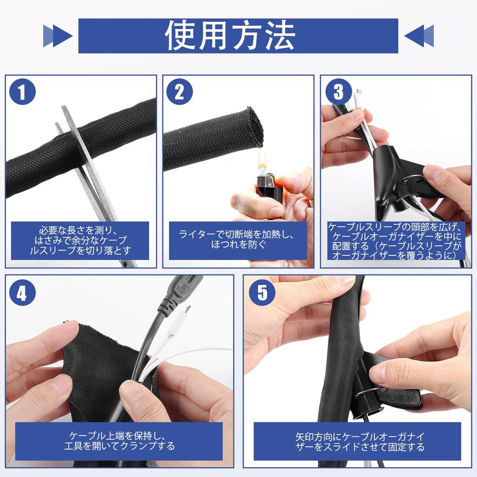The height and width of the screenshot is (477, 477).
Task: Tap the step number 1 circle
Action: (22, 91)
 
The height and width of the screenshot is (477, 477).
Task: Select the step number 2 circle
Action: (179, 91)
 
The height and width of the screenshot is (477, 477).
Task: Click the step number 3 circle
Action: (338, 91)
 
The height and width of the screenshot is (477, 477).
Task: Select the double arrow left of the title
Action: (58, 36)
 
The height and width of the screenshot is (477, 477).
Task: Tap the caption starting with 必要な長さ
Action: (80, 240)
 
